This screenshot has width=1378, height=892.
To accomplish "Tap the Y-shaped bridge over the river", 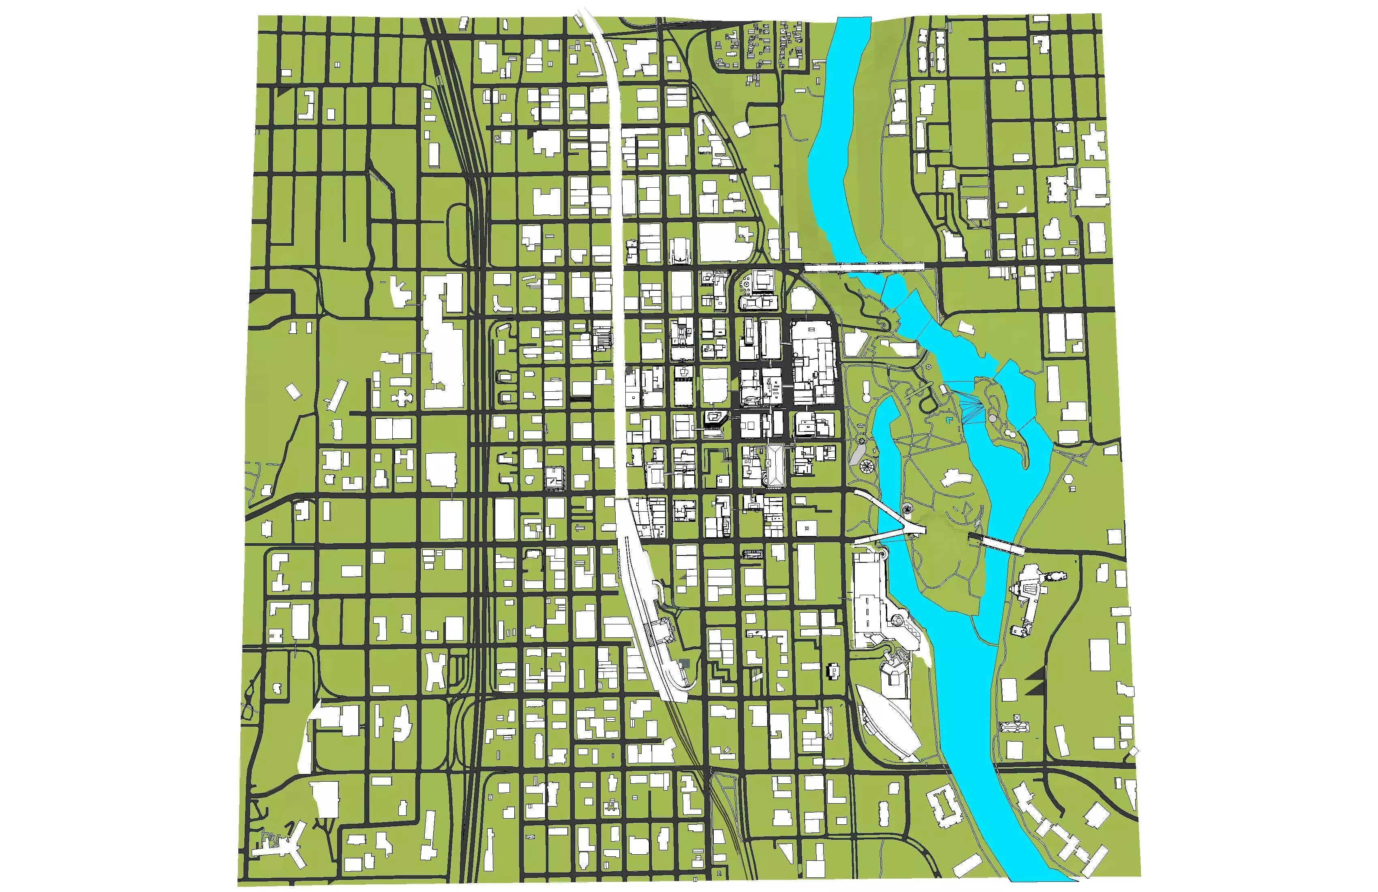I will tap(894, 525).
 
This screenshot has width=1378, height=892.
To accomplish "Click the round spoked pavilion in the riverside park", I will tap(867, 465).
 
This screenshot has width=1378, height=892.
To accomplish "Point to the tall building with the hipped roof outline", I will tap(775, 465).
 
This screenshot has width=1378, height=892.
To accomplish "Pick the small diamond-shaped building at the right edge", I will tap(1133, 751).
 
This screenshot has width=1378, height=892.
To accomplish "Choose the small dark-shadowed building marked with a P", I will tap(835, 670).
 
